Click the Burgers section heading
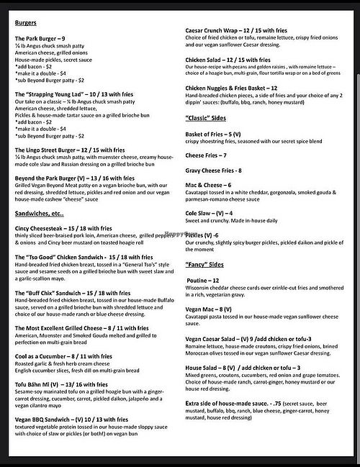[x=27, y=22]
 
